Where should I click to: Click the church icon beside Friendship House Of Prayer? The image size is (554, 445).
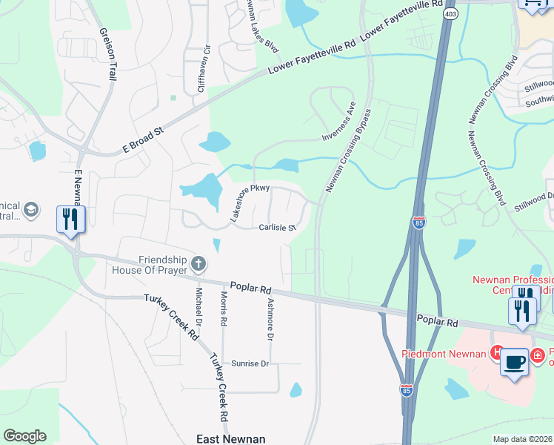pyautogui.click(x=198, y=263)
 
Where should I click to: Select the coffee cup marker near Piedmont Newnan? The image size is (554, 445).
pyautogui.click(x=514, y=363)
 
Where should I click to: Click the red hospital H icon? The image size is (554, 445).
pyautogui.click(x=499, y=353)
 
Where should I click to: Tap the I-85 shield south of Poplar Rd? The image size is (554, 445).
pyautogui.click(x=406, y=389)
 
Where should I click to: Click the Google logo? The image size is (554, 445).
pyautogui.click(x=24, y=436)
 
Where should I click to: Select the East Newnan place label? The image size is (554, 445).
pyautogui.click(x=230, y=439)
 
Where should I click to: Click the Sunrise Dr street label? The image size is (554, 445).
pyautogui.click(x=249, y=364)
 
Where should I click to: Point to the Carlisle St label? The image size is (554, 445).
pyautogui.click(x=277, y=228)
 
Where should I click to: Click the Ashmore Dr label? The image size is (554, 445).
pyautogui.click(x=270, y=318)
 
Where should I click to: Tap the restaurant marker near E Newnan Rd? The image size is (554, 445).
pyautogui.click(x=71, y=220)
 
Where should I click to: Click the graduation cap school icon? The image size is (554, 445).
pyautogui.click(x=31, y=211)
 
